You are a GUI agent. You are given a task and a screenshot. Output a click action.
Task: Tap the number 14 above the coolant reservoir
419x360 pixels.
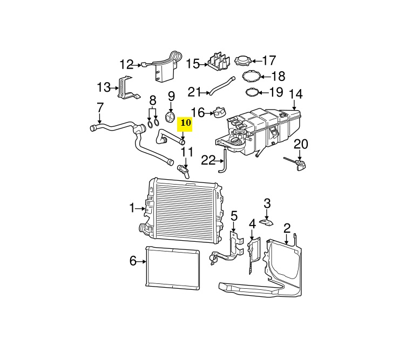295,93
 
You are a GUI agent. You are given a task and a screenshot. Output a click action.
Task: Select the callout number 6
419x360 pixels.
133,261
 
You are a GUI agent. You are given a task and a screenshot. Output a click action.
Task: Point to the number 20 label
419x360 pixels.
300,144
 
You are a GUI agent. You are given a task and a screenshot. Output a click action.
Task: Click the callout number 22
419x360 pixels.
208,160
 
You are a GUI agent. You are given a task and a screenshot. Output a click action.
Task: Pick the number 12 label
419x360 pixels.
126,65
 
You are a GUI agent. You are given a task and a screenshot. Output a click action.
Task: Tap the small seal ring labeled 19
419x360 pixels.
251,93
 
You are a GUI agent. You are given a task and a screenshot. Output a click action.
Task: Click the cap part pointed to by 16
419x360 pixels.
217,112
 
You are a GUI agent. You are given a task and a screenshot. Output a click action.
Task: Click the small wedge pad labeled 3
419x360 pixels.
266,221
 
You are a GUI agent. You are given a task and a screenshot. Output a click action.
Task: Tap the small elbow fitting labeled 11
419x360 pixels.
186,172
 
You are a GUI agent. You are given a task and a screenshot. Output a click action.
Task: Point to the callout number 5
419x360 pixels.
234,216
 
